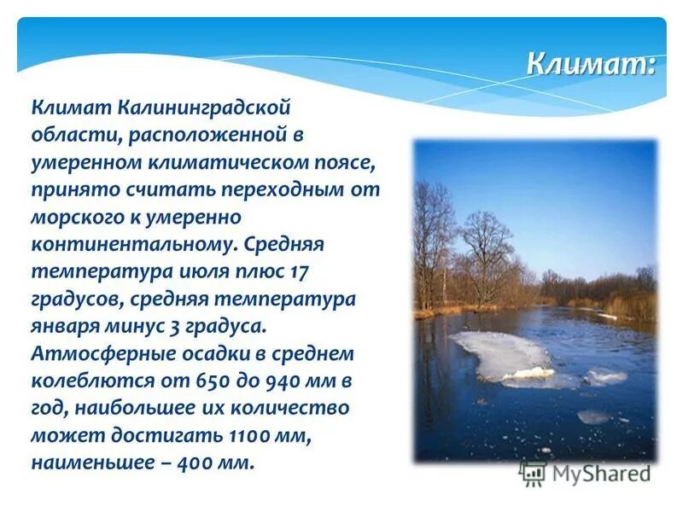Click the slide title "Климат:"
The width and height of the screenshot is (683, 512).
pyautogui.click(x=590, y=63)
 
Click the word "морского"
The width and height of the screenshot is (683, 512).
pyautogui.click(x=73, y=218)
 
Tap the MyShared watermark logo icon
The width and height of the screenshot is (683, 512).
pyautogui.click(x=534, y=472)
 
